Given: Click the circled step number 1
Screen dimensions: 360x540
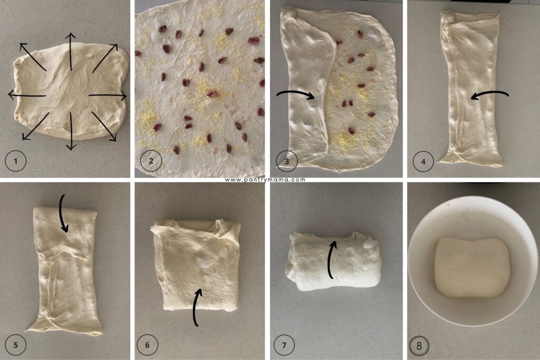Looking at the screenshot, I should [16, 162].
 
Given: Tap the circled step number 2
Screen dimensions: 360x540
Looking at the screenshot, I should [151, 162].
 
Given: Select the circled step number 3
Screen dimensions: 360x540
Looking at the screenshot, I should [287, 161].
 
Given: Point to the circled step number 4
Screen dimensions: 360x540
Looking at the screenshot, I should [423, 161].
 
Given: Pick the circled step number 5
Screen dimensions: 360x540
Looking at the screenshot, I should [16, 346].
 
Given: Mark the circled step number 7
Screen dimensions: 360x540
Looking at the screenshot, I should [285, 346].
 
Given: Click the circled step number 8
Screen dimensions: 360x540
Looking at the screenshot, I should [420, 346].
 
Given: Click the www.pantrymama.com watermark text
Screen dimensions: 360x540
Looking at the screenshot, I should [265, 180].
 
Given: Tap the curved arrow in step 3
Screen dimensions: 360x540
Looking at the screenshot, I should [295, 94].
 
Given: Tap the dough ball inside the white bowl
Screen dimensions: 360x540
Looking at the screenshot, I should [472, 267].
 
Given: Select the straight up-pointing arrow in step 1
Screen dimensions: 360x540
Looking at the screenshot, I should [70, 51].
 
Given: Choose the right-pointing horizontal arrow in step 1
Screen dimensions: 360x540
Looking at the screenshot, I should [108, 96].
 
